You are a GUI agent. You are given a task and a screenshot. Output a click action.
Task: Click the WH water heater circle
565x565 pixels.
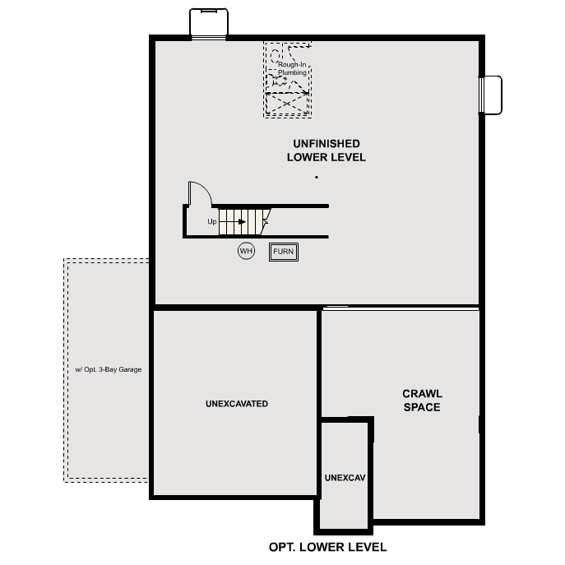click(x=246, y=251)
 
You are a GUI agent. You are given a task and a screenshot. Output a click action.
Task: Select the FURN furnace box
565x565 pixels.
click(x=284, y=252)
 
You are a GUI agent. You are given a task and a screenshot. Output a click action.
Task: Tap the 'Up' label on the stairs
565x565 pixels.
click(x=212, y=221)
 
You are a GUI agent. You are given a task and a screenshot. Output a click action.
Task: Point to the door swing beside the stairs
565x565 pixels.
click(x=199, y=193)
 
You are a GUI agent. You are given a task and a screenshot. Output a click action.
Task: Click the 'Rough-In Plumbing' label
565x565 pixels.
click(x=292, y=68)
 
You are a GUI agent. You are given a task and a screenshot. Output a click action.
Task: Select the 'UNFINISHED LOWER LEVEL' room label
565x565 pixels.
click(x=326, y=151)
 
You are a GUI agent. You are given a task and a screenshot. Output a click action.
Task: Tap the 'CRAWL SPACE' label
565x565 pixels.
click(x=422, y=401)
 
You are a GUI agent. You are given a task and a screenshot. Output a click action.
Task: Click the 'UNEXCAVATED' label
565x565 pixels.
click(x=237, y=404)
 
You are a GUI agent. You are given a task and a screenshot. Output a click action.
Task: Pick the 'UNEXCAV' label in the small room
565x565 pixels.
click(x=344, y=477)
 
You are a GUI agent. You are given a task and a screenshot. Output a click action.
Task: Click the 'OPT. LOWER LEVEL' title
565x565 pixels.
click(x=327, y=547)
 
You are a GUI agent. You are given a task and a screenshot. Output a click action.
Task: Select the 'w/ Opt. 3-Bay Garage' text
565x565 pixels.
click(x=108, y=370)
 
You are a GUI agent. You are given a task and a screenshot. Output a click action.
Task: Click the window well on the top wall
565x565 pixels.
click(x=208, y=22)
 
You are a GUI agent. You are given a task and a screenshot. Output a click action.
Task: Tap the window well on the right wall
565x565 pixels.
click(x=491, y=95)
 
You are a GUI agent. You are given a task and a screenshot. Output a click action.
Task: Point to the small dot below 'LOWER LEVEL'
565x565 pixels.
click(x=316, y=177)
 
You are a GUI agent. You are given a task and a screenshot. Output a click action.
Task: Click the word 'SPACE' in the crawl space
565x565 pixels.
click(x=422, y=407)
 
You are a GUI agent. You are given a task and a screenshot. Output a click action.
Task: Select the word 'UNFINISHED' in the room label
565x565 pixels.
click(x=326, y=144)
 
